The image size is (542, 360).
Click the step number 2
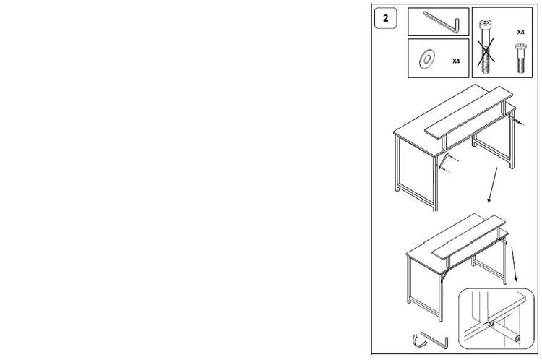coord(386,18)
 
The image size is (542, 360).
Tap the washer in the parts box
coord(427,59)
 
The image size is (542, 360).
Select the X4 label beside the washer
coord(456,61)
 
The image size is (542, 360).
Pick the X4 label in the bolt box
coord(520,32)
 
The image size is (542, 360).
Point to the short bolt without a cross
coord(521,58)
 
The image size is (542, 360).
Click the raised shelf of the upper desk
coord(469,112)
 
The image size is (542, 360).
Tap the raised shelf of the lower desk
coord(469,238)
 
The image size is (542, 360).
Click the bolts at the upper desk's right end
coord(517,121)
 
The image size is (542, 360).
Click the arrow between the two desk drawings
coord(493,185)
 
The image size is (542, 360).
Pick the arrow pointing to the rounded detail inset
coord(515,264)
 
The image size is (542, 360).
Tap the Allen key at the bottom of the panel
coord(436,340)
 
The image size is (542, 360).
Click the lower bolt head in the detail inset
coord(517,338)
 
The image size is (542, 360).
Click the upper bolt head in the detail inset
coord(491,325)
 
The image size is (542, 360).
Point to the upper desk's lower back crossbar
coord(494,152)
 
